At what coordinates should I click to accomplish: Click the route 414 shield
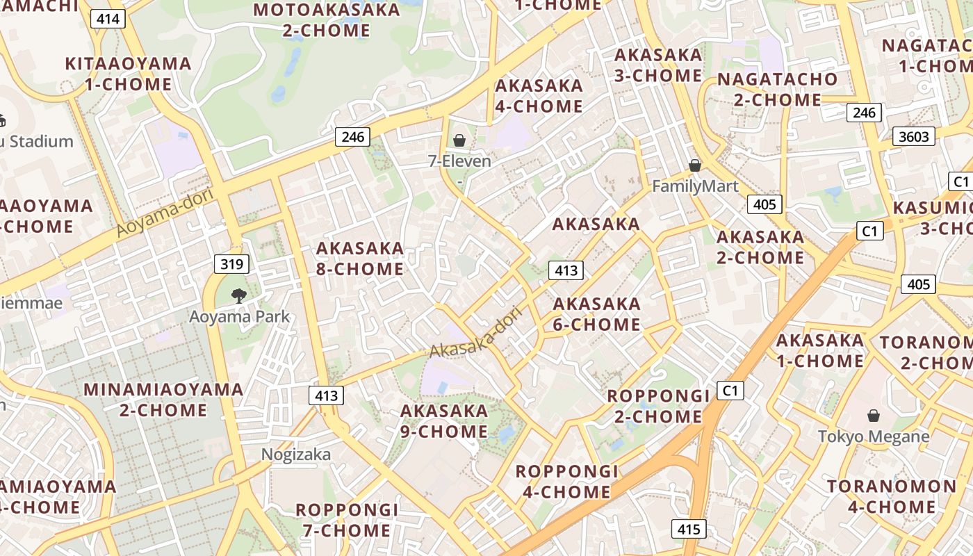(x=108, y=19)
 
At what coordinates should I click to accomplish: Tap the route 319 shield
(x=231, y=264)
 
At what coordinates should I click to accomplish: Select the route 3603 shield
(x=913, y=136)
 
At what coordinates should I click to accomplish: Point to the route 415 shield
(x=689, y=529)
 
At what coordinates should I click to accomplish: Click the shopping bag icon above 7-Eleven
(x=459, y=141)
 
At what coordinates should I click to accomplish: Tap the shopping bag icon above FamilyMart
(x=694, y=165)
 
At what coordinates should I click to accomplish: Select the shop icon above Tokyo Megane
(x=874, y=416)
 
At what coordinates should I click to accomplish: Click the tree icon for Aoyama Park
(x=239, y=295)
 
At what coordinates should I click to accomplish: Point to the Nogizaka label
(x=296, y=454)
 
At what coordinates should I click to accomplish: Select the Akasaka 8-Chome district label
(x=360, y=259)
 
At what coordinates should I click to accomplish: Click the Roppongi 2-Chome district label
(x=658, y=406)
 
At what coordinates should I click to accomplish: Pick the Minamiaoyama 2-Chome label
(x=163, y=400)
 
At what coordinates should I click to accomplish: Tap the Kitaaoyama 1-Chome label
(x=129, y=74)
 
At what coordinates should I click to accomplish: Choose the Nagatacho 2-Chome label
(x=778, y=90)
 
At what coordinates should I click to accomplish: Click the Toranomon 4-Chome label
(x=892, y=496)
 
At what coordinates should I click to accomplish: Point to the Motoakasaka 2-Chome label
(x=327, y=20)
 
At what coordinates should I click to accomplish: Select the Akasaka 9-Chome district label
(x=444, y=421)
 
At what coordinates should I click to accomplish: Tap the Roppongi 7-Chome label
(x=347, y=520)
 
